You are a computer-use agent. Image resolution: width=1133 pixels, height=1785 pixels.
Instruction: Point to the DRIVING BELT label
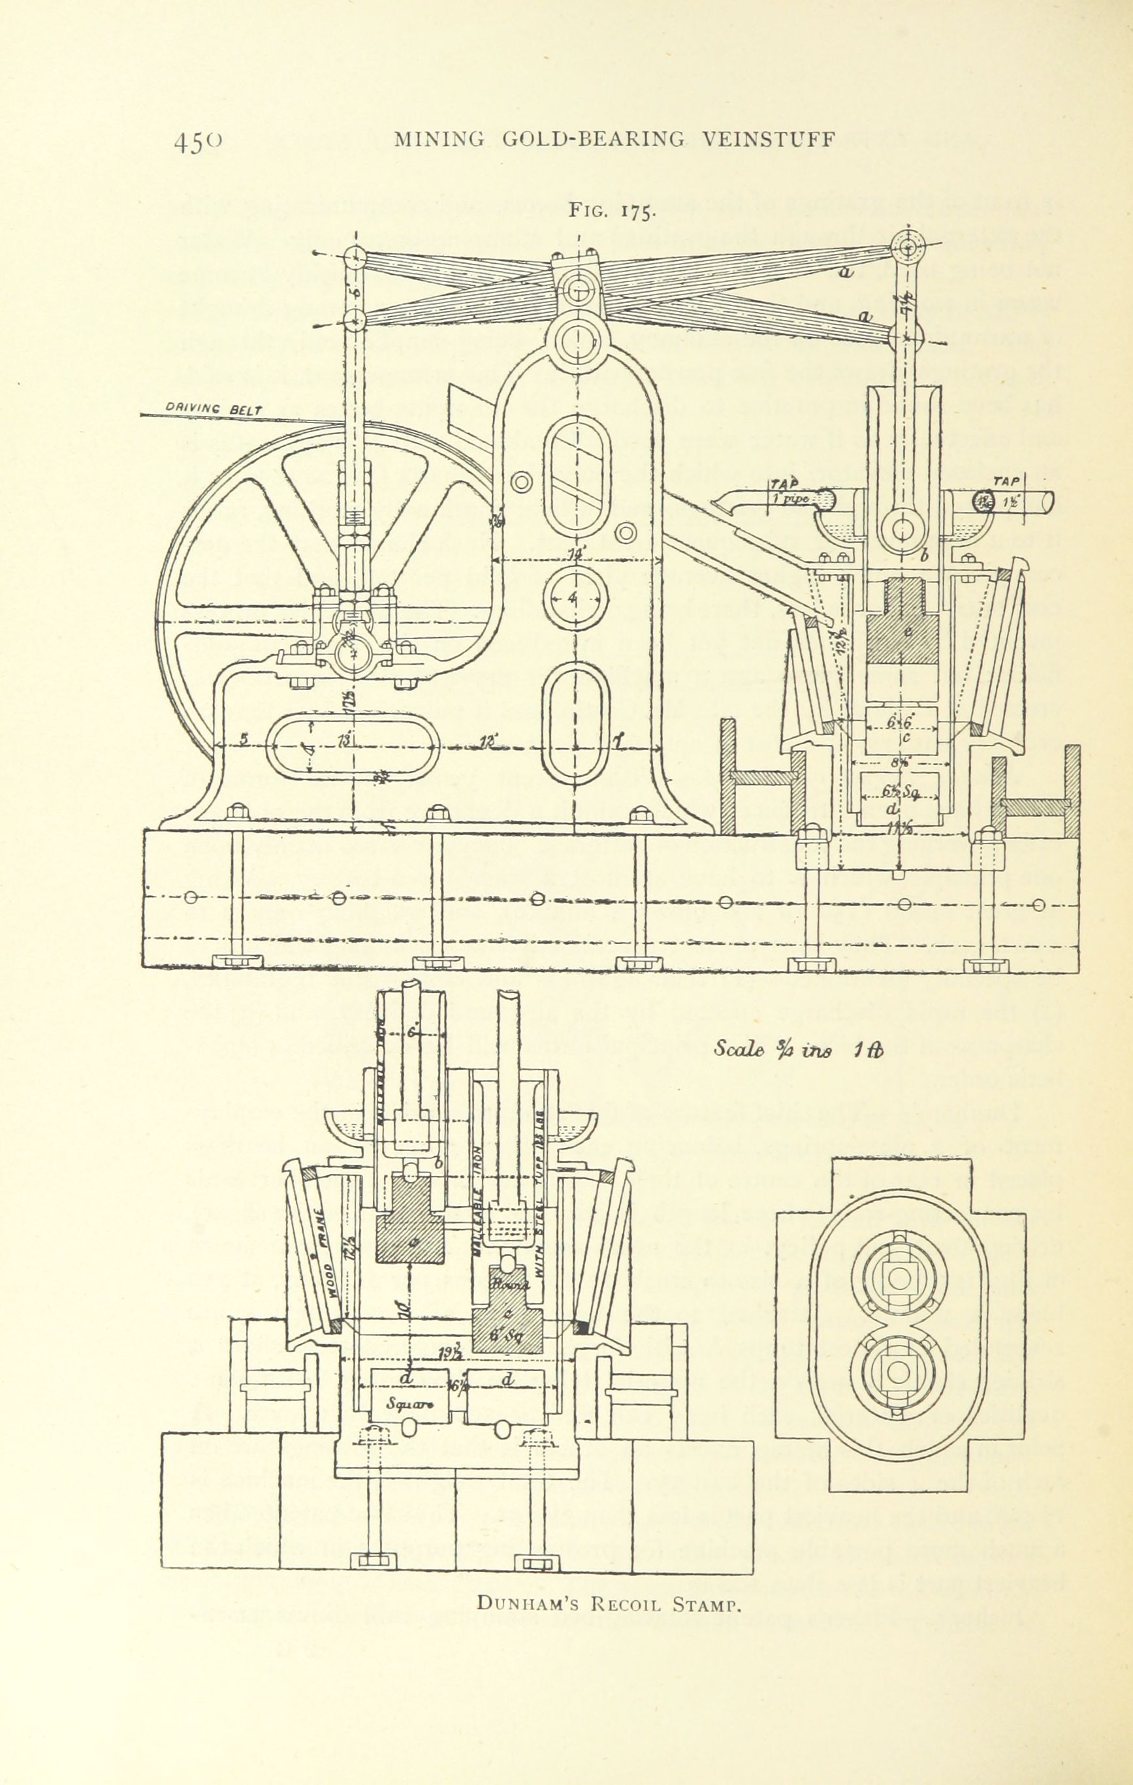[x=209, y=407]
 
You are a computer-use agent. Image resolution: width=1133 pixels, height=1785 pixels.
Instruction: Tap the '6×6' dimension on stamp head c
[x=900, y=721]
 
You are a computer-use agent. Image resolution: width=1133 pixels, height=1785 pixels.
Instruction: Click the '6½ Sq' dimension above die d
[x=899, y=792]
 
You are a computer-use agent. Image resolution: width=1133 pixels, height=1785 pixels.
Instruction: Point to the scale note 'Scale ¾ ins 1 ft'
[x=797, y=1050]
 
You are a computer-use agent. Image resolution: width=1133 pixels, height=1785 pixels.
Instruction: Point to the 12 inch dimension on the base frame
[x=487, y=740]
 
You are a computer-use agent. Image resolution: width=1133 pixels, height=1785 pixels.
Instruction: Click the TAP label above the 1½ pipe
[x=1006, y=481]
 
